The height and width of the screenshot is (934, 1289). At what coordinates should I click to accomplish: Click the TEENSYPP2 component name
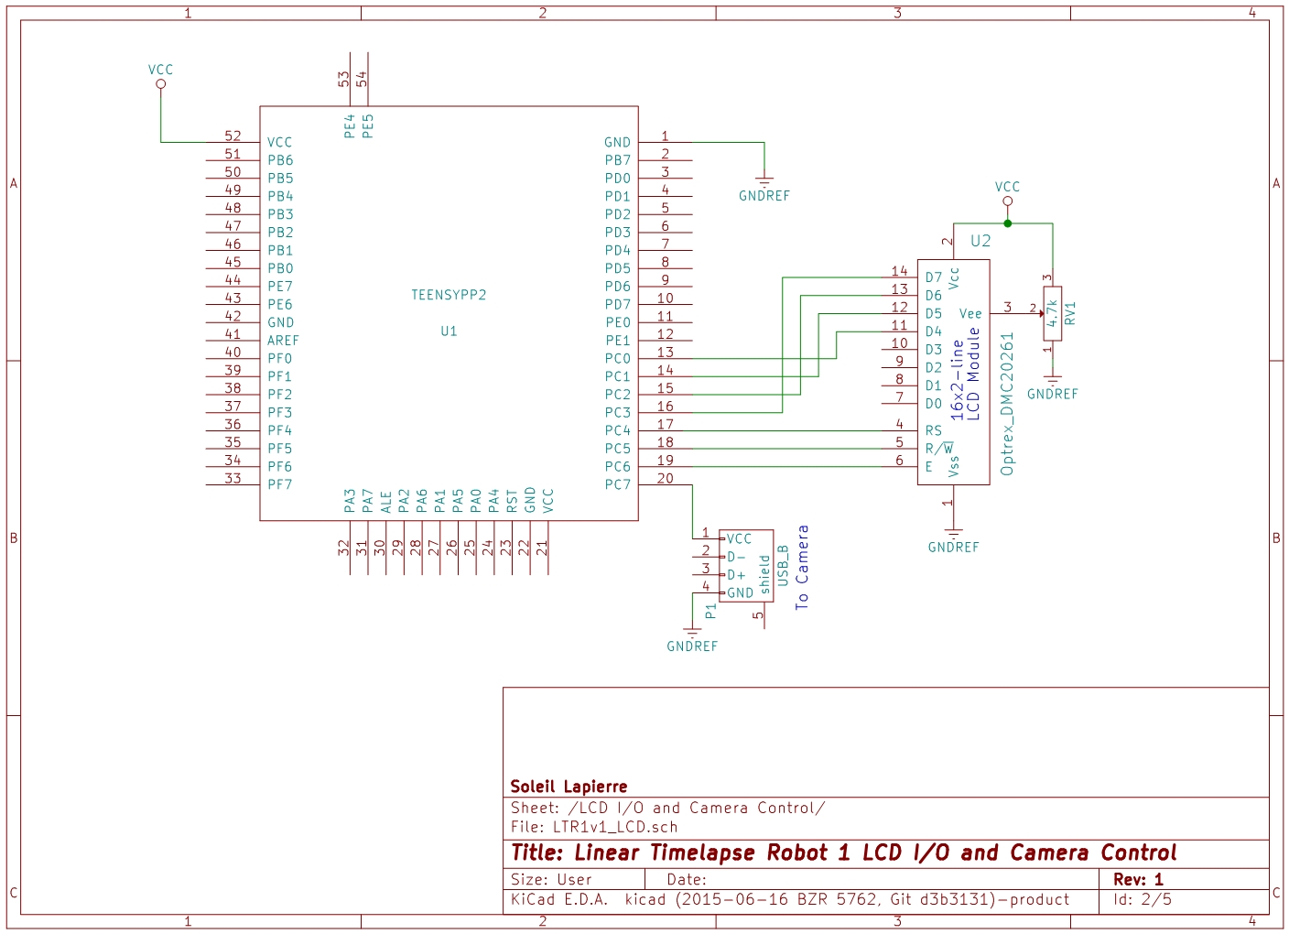point(449,295)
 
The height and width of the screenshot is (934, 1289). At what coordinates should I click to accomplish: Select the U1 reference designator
point(449,331)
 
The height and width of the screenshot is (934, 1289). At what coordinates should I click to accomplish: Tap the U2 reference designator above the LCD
point(980,241)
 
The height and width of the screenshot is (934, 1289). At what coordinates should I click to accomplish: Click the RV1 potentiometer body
point(1053,313)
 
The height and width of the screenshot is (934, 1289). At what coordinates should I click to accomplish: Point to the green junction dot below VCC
point(1007,223)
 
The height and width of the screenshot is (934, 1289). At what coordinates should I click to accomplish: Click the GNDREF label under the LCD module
point(953,548)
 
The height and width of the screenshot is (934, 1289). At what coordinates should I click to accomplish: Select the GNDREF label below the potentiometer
point(1052,395)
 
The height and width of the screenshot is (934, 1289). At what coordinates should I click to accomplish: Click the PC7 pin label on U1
point(617,484)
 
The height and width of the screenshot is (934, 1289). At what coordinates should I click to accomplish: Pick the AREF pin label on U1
point(283,341)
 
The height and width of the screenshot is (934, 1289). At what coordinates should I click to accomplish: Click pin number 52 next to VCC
point(233,136)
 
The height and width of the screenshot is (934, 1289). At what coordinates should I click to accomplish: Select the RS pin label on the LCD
point(933,430)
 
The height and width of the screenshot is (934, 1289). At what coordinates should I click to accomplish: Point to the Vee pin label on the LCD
point(969,313)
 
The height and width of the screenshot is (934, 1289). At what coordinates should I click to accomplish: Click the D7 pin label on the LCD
point(933,277)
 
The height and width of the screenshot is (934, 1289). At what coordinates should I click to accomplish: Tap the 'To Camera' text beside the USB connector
point(802,567)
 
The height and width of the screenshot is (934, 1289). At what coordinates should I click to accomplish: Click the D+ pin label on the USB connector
point(736,575)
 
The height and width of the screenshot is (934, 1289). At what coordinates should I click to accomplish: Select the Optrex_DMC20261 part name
point(1007,403)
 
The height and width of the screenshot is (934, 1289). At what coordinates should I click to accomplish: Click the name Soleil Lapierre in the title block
point(569,787)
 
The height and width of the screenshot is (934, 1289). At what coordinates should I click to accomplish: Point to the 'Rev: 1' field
point(1138,879)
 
